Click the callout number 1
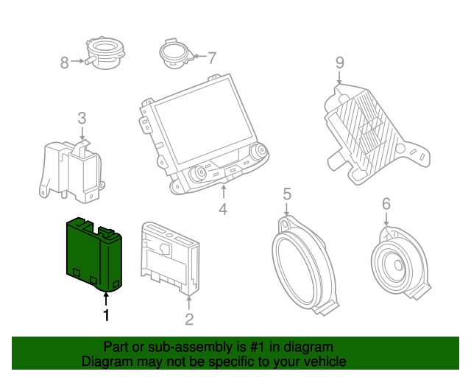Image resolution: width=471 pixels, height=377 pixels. (x=107, y=315)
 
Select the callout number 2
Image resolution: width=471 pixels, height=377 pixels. (x=189, y=319)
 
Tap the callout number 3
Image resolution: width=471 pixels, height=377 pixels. (x=82, y=118)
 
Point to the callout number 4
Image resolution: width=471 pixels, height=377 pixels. (x=223, y=210)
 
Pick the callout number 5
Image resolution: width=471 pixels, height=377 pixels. (x=287, y=194)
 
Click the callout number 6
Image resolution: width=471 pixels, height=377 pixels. (x=386, y=204)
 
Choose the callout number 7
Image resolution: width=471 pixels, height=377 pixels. (x=212, y=57)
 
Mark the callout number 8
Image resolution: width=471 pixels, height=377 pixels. (x=64, y=63)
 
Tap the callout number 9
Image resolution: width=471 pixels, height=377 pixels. (x=339, y=63)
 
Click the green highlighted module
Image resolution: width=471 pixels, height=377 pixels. (x=93, y=253)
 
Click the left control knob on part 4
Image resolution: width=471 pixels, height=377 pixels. (x=197, y=174)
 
